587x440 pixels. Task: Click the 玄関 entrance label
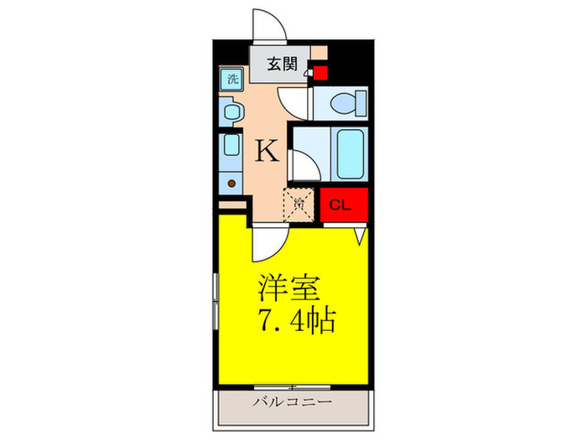281,65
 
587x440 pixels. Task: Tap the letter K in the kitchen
267,151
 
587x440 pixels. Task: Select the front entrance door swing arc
270,25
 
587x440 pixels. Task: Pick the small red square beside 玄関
319,73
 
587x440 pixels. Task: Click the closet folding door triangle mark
361,237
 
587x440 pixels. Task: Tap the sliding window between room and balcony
293,387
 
